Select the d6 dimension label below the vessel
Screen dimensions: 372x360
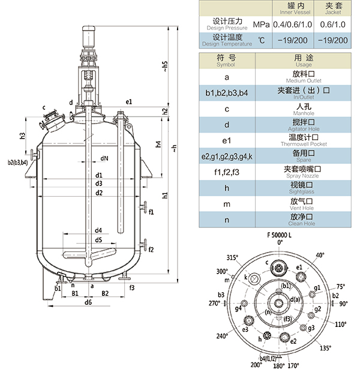(88, 302)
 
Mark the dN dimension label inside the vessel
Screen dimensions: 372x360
(104, 158)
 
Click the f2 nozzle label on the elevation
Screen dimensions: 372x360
(151, 250)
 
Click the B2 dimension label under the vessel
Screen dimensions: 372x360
(105, 293)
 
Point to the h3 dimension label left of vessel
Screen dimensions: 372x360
(22, 136)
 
